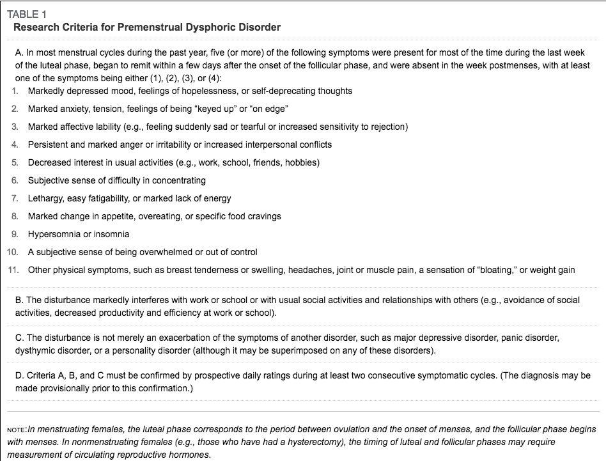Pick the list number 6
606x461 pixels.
[x=15, y=180]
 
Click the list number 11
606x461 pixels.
[x=13, y=270]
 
